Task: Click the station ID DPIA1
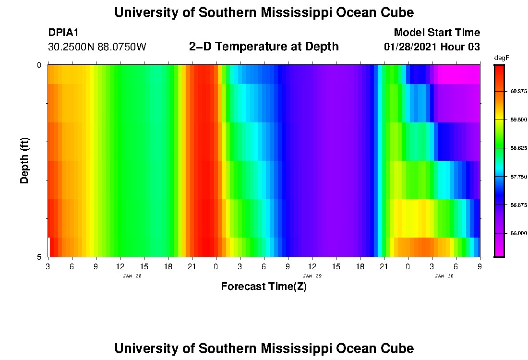click(x=63, y=33)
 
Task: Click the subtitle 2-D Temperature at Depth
click(x=264, y=47)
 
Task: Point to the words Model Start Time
click(x=437, y=33)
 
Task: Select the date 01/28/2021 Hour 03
click(x=432, y=47)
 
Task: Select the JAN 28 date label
click(x=132, y=276)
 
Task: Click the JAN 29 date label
click(x=312, y=276)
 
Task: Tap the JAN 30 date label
click(x=444, y=276)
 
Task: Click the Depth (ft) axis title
click(x=25, y=160)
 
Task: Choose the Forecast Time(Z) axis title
click(x=264, y=287)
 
